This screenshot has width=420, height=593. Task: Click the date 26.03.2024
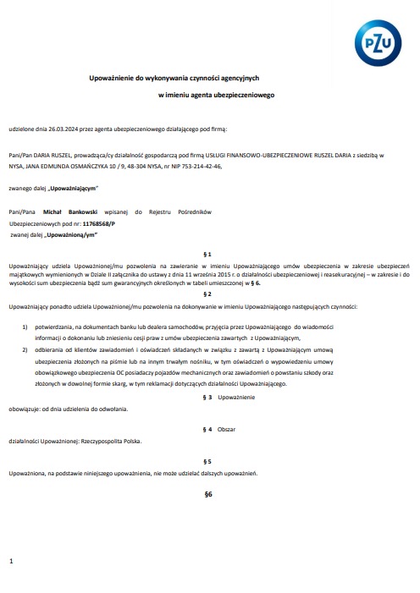tap(60, 129)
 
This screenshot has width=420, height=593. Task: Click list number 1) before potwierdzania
tap(25, 327)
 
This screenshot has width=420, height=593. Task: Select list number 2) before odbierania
tap(25, 349)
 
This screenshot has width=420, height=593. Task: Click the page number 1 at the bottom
tap(10, 561)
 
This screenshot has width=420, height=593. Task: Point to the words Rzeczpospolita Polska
tap(108, 441)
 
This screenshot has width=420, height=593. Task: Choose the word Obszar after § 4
tap(227, 429)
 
